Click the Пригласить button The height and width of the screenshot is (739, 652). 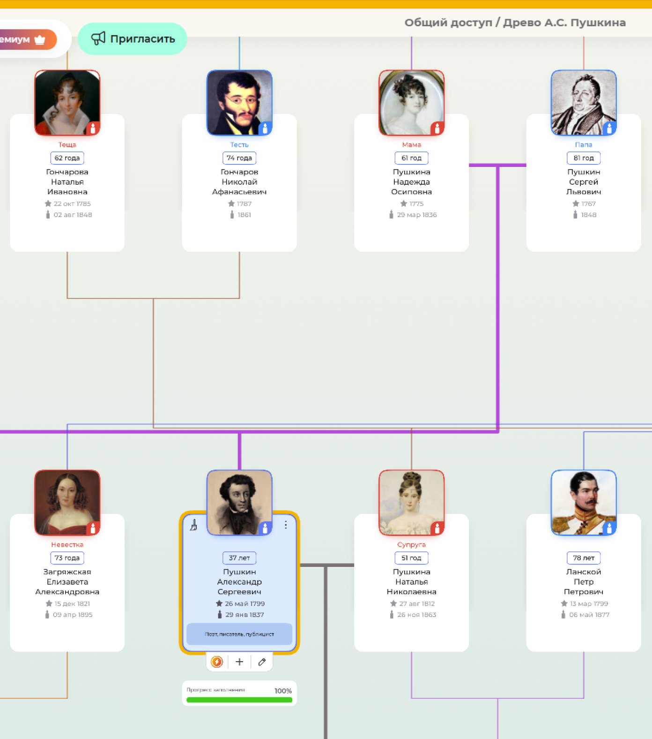point(133,39)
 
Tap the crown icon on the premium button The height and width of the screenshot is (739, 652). point(40,40)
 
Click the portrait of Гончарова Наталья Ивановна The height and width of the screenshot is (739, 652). point(67,103)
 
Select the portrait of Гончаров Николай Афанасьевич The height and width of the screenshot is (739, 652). point(239,103)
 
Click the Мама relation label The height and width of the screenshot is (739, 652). point(411,145)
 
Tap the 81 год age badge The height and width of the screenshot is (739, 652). point(584,158)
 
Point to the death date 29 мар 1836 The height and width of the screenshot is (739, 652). point(416,215)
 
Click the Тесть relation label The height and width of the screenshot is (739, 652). point(239,145)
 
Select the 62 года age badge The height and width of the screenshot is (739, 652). point(67,158)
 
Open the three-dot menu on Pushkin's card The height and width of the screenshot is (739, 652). point(286,525)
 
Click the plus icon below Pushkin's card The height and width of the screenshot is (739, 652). point(239,662)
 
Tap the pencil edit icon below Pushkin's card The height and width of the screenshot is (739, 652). point(262,662)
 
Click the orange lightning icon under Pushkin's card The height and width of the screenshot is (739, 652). point(217,662)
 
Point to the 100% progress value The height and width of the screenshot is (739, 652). point(283,691)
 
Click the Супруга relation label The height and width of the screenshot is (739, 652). point(411,545)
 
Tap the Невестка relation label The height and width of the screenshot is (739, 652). point(67,545)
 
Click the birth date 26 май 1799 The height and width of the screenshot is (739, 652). point(244,603)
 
